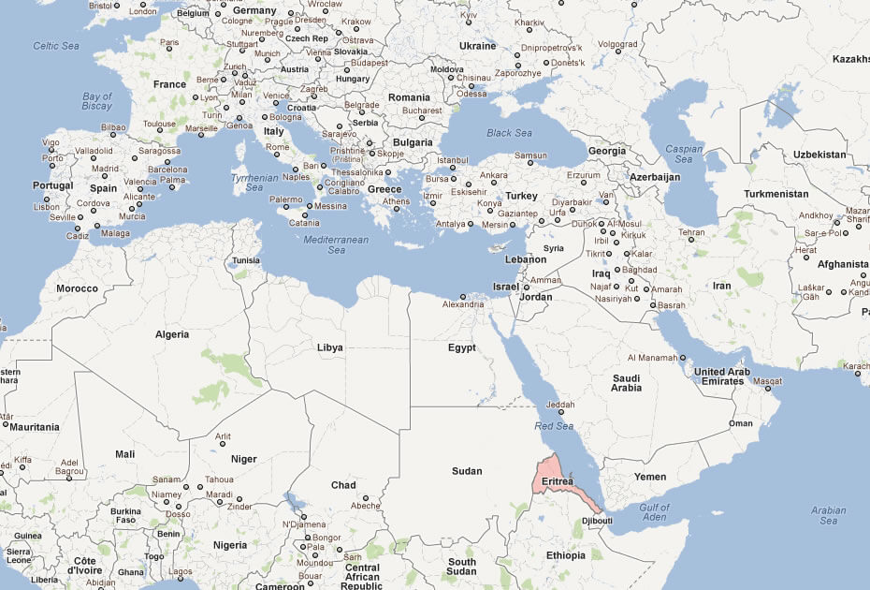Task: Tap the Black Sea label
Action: [x=509, y=133]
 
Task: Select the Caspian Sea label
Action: [x=684, y=154]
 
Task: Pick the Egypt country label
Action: [x=462, y=347]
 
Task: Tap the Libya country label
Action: [x=329, y=347]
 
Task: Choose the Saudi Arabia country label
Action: [x=627, y=382]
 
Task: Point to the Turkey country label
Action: [x=521, y=196]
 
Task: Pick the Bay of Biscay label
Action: [x=97, y=101]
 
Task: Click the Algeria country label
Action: [x=171, y=334]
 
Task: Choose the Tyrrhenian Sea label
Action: [x=254, y=183]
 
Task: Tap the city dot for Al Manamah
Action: [x=683, y=358]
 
